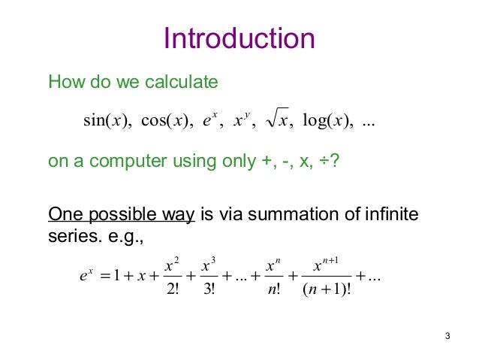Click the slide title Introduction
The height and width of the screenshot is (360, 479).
point(239,39)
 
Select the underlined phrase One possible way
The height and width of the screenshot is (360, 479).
point(121,217)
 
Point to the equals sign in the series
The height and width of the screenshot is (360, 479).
point(102,276)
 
